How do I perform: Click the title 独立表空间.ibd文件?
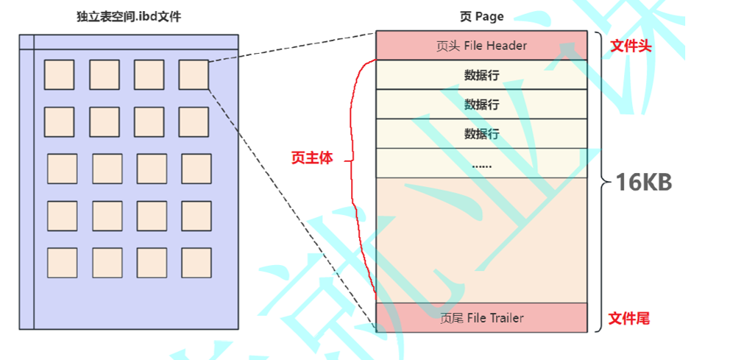[129, 17]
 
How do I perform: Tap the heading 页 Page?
[481, 17]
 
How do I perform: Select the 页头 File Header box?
[481, 46]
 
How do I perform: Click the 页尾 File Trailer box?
[481, 318]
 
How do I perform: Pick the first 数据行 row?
[481, 75]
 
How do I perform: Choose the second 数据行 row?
[481, 105]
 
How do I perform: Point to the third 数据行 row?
[481, 134]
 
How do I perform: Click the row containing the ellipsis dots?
[481, 163]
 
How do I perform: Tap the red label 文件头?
[631, 46]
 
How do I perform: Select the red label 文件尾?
[628, 319]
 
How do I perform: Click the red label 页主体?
[312, 158]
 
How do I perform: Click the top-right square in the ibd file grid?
[194, 74]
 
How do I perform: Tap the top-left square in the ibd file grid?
[60, 74]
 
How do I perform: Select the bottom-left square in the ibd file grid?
[63, 263]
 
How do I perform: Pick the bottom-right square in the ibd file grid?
[196, 263]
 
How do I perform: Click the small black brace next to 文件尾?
[598, 318]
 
